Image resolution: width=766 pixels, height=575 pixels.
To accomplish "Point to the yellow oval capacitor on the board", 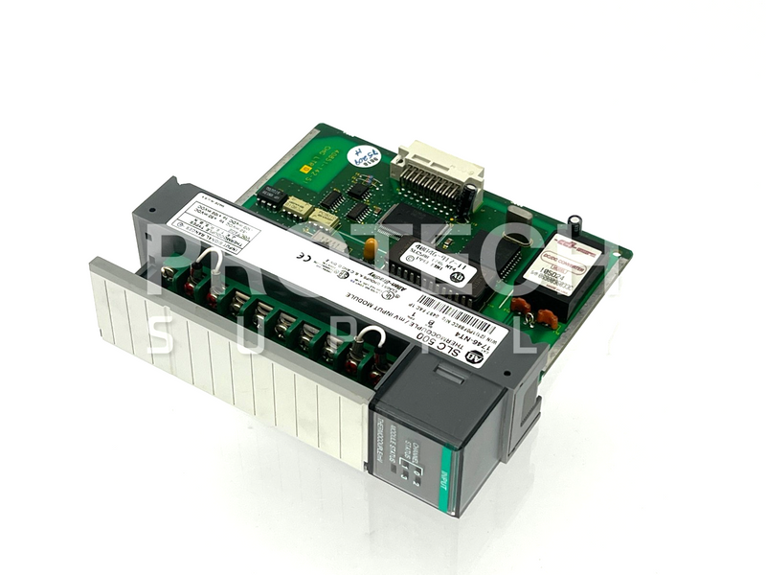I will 369,248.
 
